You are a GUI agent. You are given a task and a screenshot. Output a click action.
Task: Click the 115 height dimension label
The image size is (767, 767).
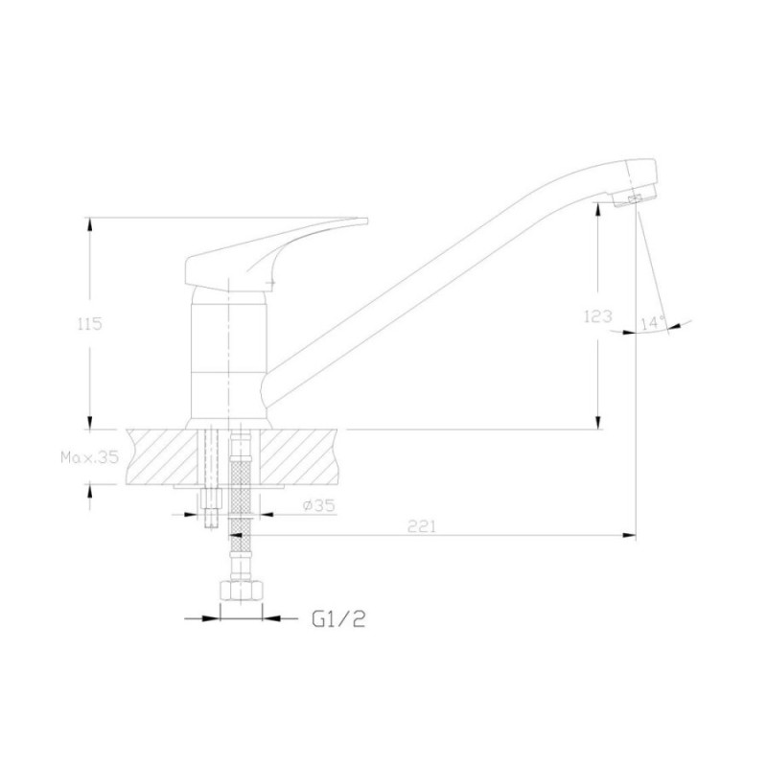coord(89,323)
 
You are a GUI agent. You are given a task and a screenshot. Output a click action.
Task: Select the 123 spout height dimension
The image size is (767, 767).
coord(597,316)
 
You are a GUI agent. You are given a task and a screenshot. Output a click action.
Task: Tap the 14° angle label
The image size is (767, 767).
coord(653,323)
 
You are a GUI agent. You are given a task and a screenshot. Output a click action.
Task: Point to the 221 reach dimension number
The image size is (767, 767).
coord(421,526)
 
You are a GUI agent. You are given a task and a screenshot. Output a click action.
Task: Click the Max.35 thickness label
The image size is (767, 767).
coord(89,457)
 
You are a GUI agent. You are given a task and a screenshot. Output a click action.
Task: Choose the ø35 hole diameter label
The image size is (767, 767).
coord(319,505)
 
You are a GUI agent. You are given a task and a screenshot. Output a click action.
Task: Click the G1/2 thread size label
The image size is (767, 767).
coord(338,620)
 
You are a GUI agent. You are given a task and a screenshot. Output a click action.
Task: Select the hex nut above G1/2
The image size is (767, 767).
coord(242,590)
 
